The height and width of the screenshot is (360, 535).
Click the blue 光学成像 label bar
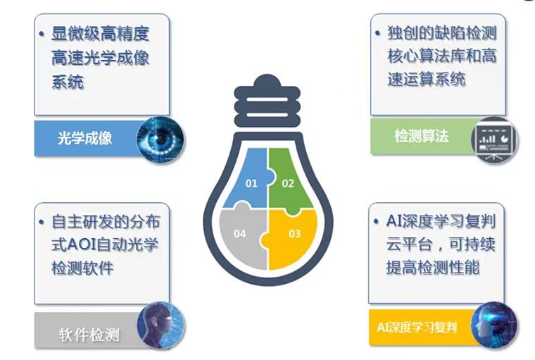point(84,138)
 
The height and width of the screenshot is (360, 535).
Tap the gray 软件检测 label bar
point(84,333)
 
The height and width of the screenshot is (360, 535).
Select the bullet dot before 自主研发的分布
point(42,222)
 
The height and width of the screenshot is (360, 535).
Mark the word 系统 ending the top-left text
point(68,82)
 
